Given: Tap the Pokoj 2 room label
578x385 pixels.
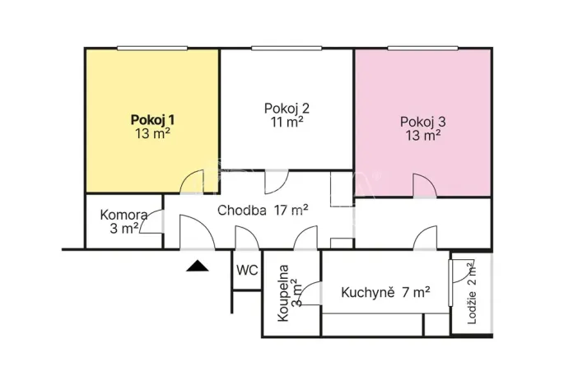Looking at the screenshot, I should tap(287, 108).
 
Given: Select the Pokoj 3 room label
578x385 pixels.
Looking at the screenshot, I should tap(422, 122).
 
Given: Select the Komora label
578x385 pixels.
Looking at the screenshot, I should tap(124, 216).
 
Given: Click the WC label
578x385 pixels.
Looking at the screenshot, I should tap(247, 270).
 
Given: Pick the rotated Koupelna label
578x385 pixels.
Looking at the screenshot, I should tap(283, 291).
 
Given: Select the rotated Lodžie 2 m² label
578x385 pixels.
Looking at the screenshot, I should tap(471, 293).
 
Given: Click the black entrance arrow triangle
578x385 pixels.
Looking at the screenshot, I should tap(197, 264).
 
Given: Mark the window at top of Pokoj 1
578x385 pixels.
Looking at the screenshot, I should tap(153, 48).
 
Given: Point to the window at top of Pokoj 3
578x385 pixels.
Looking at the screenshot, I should tap(423, 48).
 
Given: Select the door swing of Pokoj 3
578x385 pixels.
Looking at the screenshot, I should tap(423, 186).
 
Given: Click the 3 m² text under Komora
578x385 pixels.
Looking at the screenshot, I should tap(124, 229).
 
